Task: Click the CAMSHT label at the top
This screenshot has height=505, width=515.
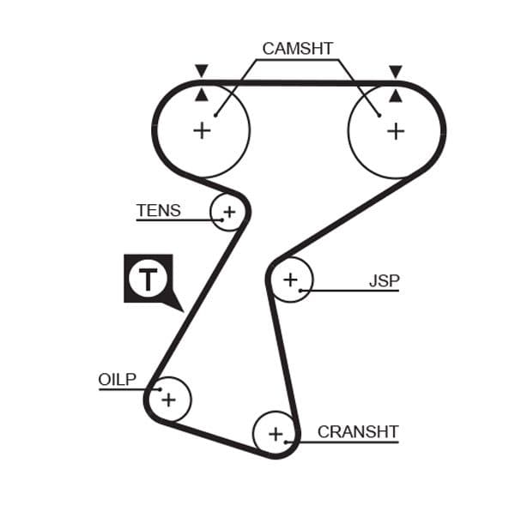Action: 297,49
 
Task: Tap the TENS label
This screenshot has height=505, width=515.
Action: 159,210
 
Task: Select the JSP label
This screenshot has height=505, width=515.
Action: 384,280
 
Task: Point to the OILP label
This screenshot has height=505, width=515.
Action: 118,379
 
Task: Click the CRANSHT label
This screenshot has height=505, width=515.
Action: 358,431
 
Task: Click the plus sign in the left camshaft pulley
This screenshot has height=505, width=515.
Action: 202,130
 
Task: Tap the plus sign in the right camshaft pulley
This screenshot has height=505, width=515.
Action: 395,130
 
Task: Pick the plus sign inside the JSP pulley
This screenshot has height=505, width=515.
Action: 290,280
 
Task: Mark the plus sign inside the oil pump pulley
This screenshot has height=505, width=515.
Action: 169,399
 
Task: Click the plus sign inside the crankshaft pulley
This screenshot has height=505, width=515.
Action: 276,434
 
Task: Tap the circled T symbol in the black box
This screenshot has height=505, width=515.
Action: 148,279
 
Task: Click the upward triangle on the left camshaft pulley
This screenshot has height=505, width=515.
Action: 202,94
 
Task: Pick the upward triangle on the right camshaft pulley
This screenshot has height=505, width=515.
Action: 395,94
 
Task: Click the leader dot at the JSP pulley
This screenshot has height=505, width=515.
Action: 300,291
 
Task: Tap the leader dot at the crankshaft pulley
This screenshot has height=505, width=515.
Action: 287,442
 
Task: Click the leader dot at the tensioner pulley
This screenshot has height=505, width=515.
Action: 221,219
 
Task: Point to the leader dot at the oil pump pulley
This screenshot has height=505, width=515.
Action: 159,389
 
